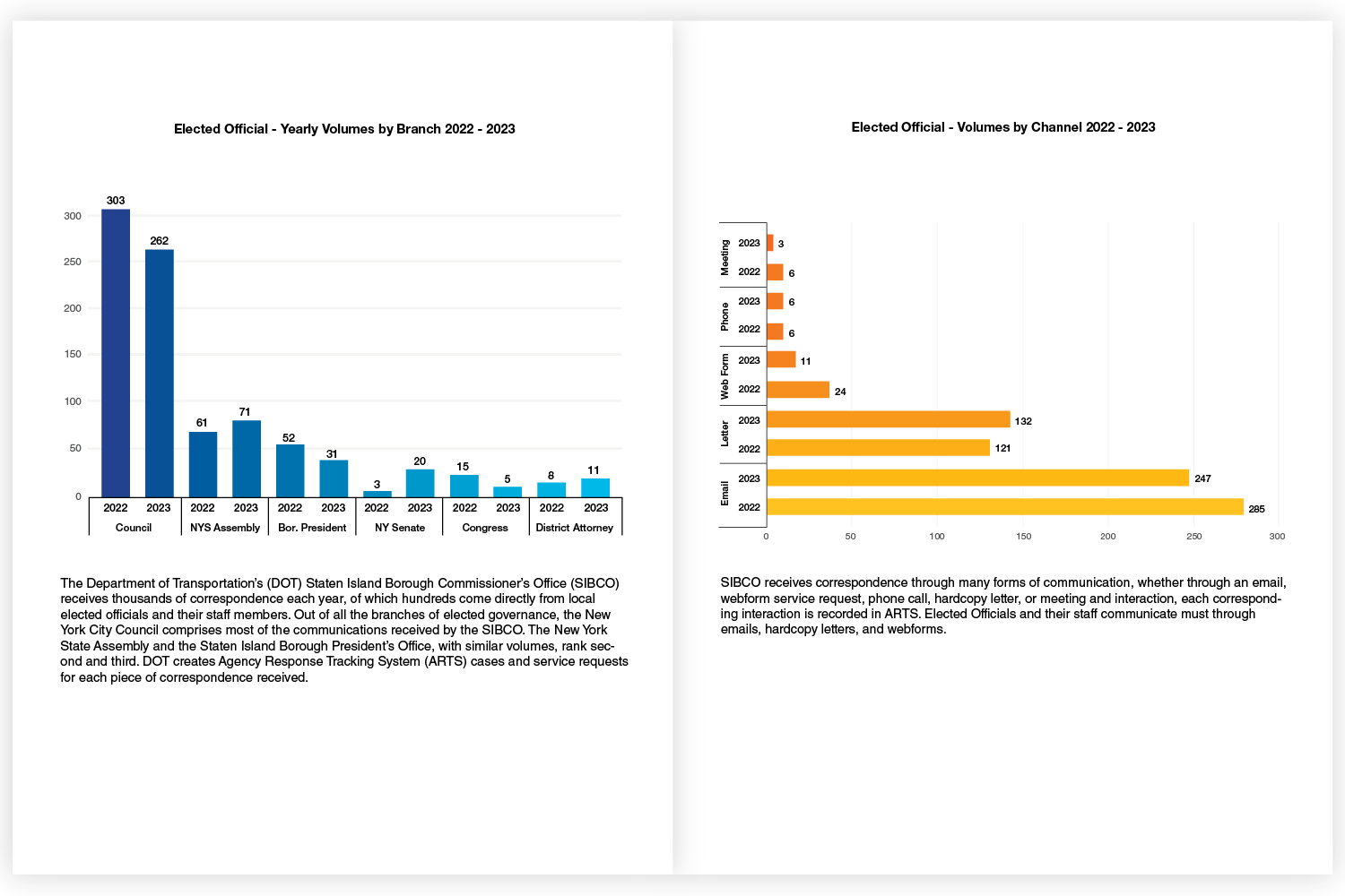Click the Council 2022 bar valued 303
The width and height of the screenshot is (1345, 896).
pyautogui.click(x=116, y=353)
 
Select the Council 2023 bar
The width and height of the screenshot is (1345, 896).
pyautogui.click(x=160, y=373)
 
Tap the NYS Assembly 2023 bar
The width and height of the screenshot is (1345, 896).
pyautogui.click(x=247, y=459)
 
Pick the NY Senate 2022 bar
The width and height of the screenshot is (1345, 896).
pyautogui.click(x=377, y=494)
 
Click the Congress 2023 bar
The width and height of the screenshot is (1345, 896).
pyautogui.click(x=508, y=492)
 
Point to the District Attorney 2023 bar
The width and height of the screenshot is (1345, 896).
pyautogui.click(x=595, y=487)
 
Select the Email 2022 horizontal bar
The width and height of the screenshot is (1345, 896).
pyautogui.click(x=1004, y=507)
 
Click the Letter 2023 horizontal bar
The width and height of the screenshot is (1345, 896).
pyautogui.click(x=888, y=419)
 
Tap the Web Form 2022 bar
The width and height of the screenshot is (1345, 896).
pyautogui.click(x=798, y=390)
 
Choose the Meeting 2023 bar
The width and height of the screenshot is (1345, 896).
pyautogui.click(x=770, y=243)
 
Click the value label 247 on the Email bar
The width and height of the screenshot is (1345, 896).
pyautogui.click(x=1202, y=478)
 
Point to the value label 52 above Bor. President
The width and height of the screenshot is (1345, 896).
pyautogui.click(x=289, y=438)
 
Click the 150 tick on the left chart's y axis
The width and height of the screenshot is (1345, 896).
pyautogui.click(x=73, y=354)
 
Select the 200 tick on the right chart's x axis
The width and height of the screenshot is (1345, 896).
pyautogui.click(x=1108, y=537)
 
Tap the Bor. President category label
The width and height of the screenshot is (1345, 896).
pyautogui.click(x=312, y=528)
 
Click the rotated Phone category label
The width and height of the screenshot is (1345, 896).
pyautogui.click(x=725, y=316)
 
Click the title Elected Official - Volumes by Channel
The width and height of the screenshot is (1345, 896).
pyautogui.click(x=1002, y=127)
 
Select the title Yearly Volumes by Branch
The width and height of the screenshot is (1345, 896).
pyautogui.click(x=344, y=129)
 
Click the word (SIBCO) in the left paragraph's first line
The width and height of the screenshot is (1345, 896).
pyautogui.click(x=594, y=583)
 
